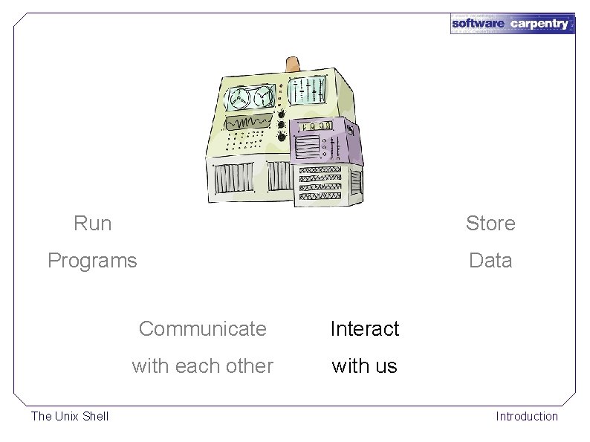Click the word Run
pos(93,223)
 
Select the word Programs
pos(92,261)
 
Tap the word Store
pos(490,223)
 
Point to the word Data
pos(490,261)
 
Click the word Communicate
pos(202,328)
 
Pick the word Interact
pos(364,328)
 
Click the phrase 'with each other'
pos(202,366)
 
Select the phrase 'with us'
pos(364,366)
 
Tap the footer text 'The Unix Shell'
pos(70,416)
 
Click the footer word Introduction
pos(527,416)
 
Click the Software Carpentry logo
pos(512,24)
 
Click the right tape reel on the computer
pos(263,98)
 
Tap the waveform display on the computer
pos(250,121)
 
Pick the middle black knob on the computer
pos(282,125)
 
